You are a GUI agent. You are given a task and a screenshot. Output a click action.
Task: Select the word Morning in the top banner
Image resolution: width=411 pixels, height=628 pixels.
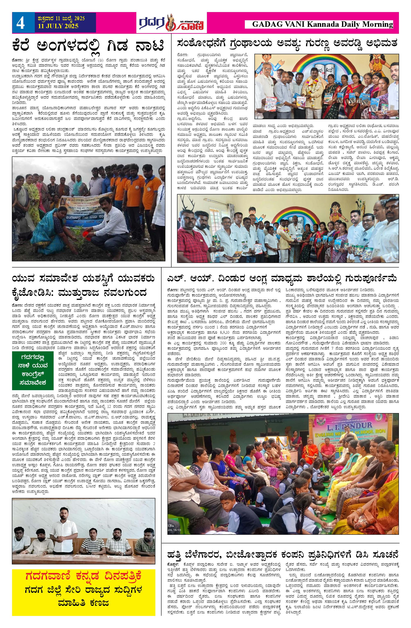coord(378,25)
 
